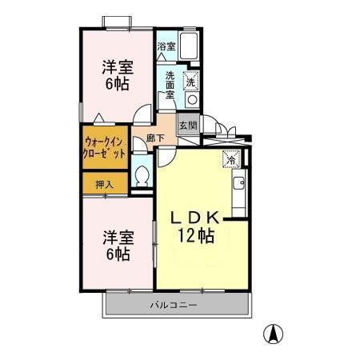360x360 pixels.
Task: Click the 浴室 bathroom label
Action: click(x=166, y=47)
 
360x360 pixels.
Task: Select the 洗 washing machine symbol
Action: click(x=191, y=81)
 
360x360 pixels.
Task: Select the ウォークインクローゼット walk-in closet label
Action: click(x=104, y=148)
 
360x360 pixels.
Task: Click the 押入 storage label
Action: click(x=104, y=184)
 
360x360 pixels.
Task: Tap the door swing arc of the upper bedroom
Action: click(x=142, y=114)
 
